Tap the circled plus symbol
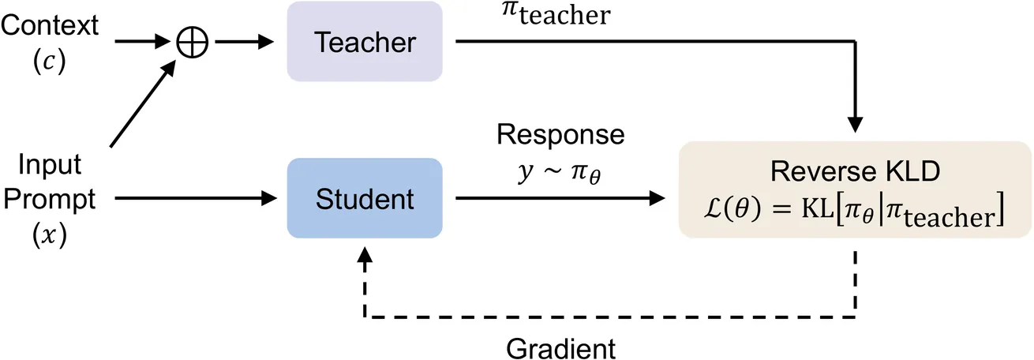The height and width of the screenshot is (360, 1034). [x=194, y=41]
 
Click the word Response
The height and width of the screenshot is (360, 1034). [x=560, y=135]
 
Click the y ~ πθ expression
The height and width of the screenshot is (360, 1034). [x=560, y=171]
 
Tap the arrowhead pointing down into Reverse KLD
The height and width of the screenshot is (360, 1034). [x=856, y=126]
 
